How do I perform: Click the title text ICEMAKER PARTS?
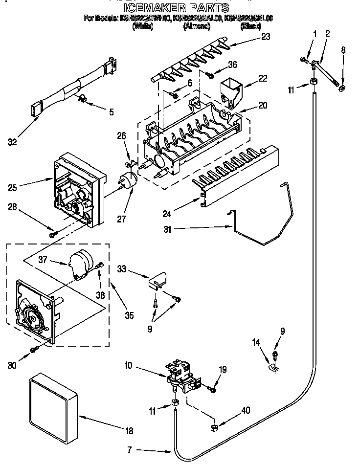click(176, 8)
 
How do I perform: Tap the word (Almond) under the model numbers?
click(197, 26)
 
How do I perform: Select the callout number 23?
click(265, 37)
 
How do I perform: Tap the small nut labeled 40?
click(213, 428)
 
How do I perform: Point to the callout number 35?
click(129, 315)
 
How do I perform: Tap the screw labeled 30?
click(34, 349)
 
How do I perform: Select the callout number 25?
click(13, 187)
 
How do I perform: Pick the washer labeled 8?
click(341, 89)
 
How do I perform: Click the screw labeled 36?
click(211, 75)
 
